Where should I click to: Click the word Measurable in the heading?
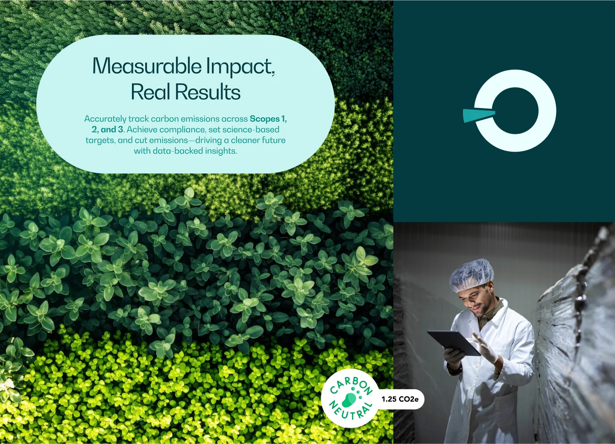pos(147,65)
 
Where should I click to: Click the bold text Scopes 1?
pos(268,119)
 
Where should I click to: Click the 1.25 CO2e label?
pos(400,399)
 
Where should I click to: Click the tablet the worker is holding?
pos(454,343)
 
